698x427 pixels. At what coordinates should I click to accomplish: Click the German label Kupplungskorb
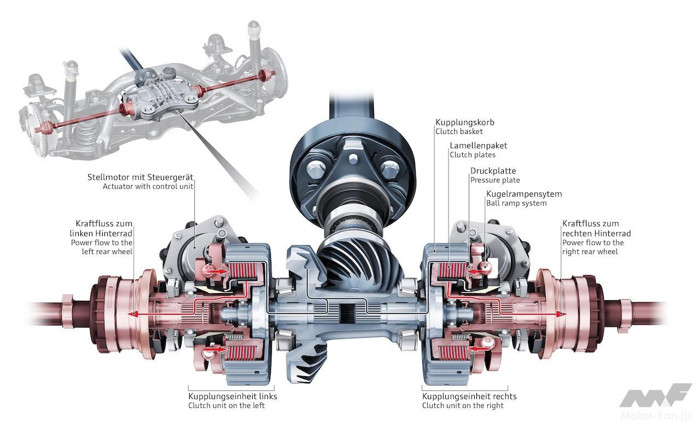[x=464, y=122]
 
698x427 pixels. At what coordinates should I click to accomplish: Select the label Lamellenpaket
[x=478, y=145]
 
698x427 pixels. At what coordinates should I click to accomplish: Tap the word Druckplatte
[x=493, y=171]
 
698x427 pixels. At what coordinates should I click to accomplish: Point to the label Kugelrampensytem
[x=524, y=194]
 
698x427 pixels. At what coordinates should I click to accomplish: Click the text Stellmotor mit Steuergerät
[x=141, y=177]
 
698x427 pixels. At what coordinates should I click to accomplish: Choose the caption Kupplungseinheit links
[x=232, y=396]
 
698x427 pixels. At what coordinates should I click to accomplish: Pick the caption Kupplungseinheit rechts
[x=469, y=396]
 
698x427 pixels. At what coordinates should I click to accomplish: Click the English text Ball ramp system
[x=516, y=203]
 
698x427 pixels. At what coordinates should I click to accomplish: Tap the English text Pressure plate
[x=495, y=180]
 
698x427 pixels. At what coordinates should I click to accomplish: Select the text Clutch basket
[x=459, y=131]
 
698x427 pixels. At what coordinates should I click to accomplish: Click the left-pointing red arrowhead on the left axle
[x=130, y=314]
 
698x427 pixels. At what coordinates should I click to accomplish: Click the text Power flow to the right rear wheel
[x=593, y=247]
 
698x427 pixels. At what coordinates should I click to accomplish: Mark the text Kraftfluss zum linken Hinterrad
[x=104, y=229]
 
